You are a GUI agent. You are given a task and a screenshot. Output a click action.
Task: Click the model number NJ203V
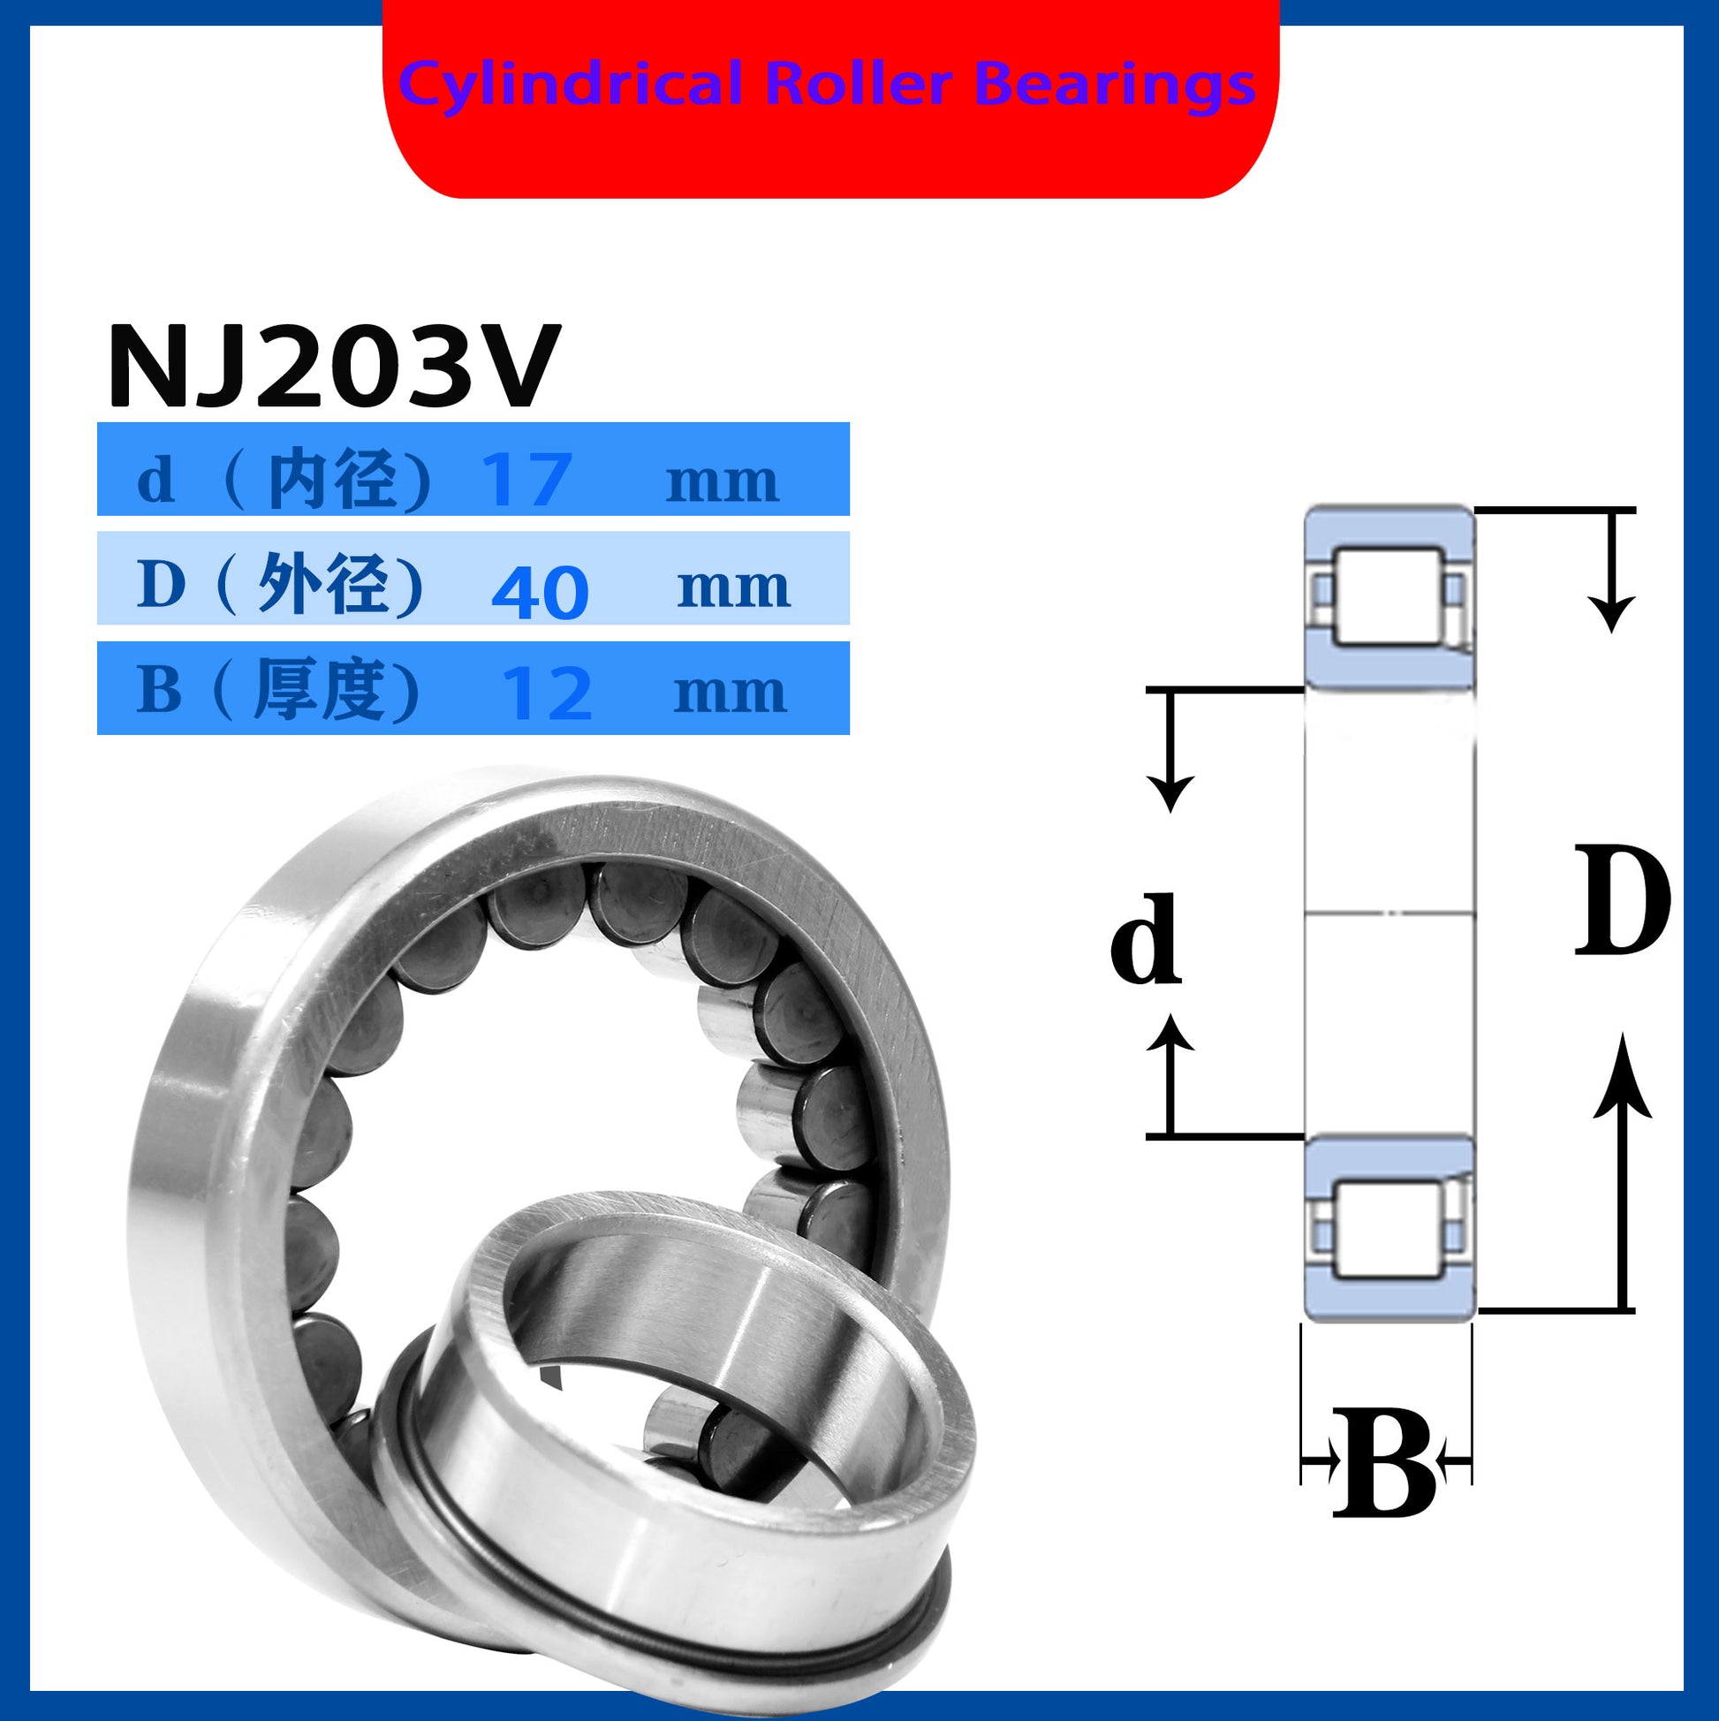point(334,365)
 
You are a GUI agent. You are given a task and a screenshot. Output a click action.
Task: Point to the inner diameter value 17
point(526,479)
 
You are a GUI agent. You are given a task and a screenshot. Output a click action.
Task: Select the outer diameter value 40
point(540,593)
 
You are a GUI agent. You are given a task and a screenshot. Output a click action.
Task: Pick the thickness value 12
point(547,694)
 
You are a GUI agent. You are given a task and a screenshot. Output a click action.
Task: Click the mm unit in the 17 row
point(723,483)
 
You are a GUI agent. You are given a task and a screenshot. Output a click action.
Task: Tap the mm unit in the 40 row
point(734,589)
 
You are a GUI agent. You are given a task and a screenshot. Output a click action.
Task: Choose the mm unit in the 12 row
point(731,694)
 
